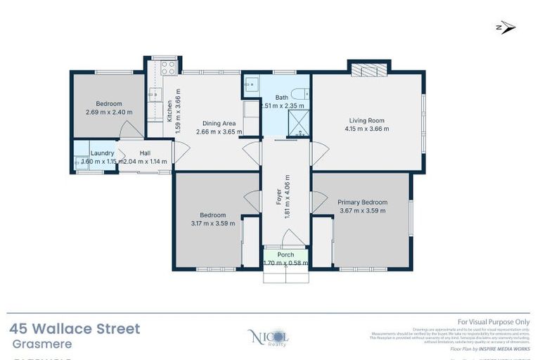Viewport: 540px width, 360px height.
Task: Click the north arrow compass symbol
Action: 506,27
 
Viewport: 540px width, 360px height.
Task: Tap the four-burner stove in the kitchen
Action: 168,67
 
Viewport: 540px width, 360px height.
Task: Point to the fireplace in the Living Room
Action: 368,69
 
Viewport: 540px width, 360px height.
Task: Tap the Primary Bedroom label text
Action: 362,202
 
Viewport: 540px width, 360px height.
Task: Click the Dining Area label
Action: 219,122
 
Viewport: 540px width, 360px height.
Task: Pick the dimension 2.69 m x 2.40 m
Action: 109,112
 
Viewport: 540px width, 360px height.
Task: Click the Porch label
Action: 285,255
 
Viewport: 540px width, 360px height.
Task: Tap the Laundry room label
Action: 103,153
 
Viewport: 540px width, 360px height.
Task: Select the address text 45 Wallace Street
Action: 75,328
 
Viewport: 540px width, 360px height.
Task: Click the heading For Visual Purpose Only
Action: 494,322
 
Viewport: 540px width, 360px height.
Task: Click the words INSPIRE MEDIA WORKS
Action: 506,349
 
